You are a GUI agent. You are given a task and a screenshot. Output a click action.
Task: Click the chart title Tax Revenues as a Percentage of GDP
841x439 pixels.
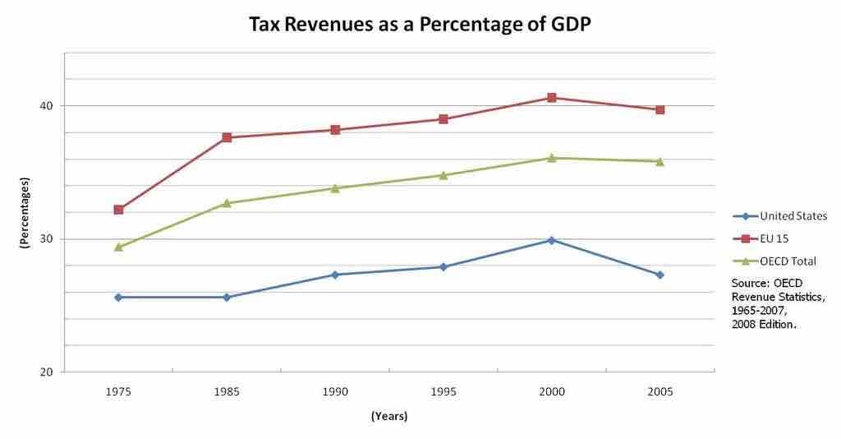[x=420, y=25]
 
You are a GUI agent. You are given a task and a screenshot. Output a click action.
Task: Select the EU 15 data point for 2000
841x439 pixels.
[x=552, y=98]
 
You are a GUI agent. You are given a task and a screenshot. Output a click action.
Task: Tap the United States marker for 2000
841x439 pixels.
[x=552, y=240]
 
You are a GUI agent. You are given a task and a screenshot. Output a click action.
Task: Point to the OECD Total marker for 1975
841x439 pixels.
[x=118, y=247]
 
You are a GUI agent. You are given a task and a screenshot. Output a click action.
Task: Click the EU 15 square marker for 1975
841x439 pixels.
[x=118, y=210]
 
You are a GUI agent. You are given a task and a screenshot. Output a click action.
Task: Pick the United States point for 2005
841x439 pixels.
[x=659, y=275]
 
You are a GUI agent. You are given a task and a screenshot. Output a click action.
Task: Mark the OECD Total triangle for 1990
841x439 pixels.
[x=335, y=188]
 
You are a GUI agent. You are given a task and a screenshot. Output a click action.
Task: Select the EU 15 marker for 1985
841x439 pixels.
[x=227, y=137]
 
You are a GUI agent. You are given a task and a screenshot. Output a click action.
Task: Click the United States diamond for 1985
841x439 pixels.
[x=227, y=297]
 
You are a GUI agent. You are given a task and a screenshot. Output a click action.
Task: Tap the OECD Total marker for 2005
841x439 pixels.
[x=659, y=161]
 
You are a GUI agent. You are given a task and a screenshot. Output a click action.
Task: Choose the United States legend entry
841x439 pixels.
[x=781, y=216]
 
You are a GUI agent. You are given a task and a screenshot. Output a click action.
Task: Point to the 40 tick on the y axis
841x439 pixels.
[x=47, y=106]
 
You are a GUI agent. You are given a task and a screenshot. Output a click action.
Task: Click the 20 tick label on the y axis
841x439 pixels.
[x=47, y=372]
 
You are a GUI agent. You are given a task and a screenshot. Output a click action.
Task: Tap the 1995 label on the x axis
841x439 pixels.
[x=443, y=392]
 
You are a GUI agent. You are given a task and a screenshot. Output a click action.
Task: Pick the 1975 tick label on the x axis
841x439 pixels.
[x=118, y=392]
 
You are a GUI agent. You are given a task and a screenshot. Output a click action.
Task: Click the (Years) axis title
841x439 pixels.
[x=388, y=416]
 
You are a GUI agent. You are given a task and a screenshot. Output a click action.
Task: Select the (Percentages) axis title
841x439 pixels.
[x=25, y=213]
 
